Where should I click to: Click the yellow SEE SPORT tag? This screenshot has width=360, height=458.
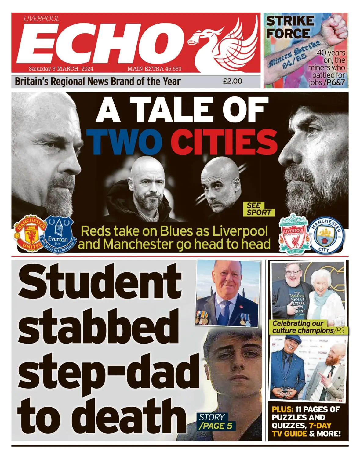[x=259, y=209]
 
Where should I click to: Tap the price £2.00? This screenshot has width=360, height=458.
[x=232, y=81]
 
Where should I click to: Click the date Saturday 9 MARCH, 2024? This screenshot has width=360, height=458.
[x=61, y=69]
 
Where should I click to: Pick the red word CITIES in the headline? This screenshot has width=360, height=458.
[x=224, y=142]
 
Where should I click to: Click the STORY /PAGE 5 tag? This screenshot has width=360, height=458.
[x=216, y=421]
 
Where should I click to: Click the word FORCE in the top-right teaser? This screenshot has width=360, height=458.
[x=288, y=33]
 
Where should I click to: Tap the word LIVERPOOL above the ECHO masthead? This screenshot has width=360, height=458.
[x=42, y=19]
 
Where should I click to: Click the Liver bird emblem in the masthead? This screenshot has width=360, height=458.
[x=220, y=43]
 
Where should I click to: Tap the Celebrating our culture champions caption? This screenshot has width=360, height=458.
[x=302, y=327]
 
